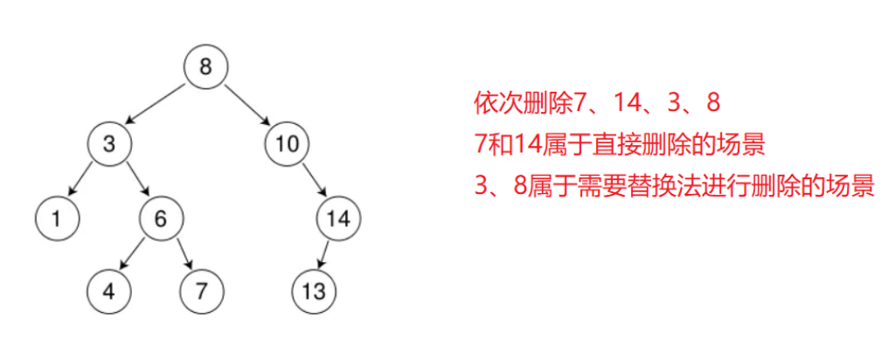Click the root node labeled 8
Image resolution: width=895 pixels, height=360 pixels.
[205, 66]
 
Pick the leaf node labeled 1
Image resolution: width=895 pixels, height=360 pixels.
[56, 218]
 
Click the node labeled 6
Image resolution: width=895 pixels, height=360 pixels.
[160, 218]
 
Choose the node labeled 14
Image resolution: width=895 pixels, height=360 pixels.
[338, 218]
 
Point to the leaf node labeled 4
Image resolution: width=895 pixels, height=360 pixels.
[109, 291]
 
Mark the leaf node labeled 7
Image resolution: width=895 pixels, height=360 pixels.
[202, 291]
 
